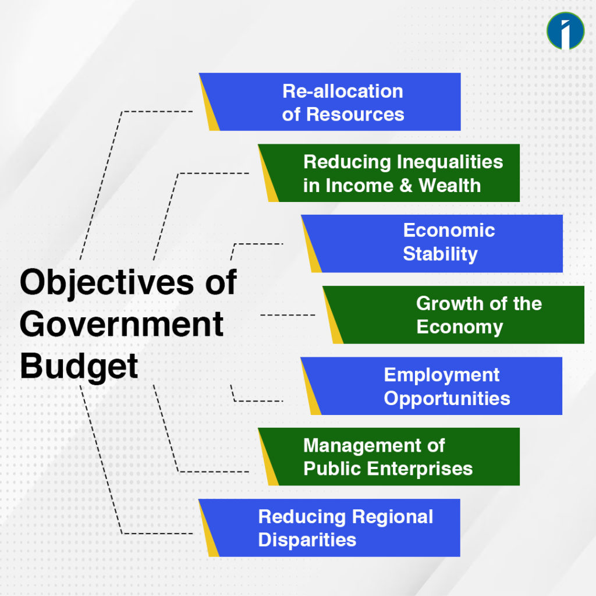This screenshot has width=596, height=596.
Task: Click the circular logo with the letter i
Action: point(565,30)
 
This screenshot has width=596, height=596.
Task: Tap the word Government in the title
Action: point(122,324)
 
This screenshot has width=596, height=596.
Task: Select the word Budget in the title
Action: point(79,366)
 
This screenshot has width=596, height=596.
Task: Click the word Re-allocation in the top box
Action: point(343,91)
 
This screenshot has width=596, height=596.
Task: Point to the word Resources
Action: point(355,114)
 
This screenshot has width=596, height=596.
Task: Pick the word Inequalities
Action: point(450,162)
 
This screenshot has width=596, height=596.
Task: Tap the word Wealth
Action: point(450,186)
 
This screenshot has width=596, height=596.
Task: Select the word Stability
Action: point(440,254)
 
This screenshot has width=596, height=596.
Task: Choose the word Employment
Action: point(441,375)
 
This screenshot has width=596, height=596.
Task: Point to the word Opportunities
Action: point(447,399)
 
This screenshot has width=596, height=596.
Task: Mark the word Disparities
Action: point(307,540)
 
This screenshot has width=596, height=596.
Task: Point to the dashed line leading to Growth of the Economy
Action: point(288,315)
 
